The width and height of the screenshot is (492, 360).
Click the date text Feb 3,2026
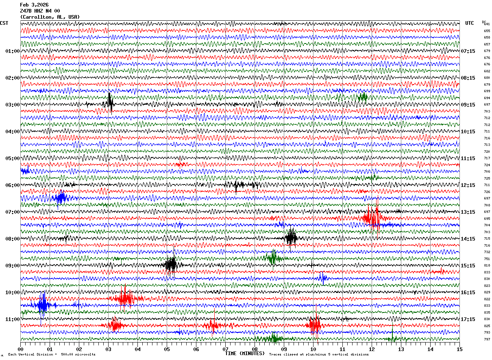34,5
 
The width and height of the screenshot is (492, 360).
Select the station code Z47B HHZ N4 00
40,11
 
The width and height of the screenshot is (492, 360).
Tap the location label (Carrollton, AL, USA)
50,17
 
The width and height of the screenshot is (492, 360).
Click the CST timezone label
4,23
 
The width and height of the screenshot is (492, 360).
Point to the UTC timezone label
470,23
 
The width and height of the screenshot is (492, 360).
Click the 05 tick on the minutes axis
167,349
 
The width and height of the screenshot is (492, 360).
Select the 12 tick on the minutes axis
372,349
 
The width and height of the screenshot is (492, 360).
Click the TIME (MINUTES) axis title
245,353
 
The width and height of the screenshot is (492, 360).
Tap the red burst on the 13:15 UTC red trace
372,219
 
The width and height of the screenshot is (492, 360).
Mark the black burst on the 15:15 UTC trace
171,265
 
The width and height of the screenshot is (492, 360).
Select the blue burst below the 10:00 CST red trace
42,305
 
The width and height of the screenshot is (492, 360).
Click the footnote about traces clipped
319,354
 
